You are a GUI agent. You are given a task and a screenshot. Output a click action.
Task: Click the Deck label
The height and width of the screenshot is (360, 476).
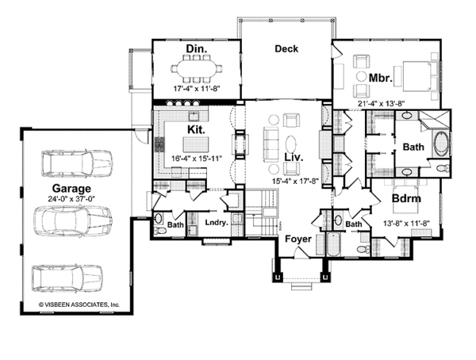[286, 49]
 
